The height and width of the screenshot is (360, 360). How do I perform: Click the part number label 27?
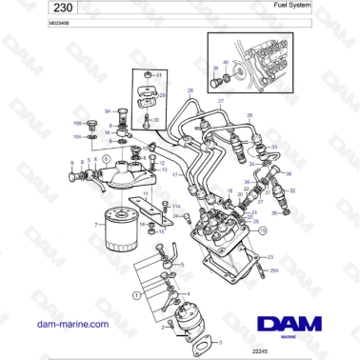click(x=221, y=99)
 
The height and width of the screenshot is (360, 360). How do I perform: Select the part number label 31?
click(x=159, y=74)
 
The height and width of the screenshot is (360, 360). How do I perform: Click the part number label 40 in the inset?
click(x=225, y=61)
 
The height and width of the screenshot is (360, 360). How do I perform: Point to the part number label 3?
click(x=223, y=341)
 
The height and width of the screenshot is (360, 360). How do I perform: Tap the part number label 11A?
click(x=176, y=206)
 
